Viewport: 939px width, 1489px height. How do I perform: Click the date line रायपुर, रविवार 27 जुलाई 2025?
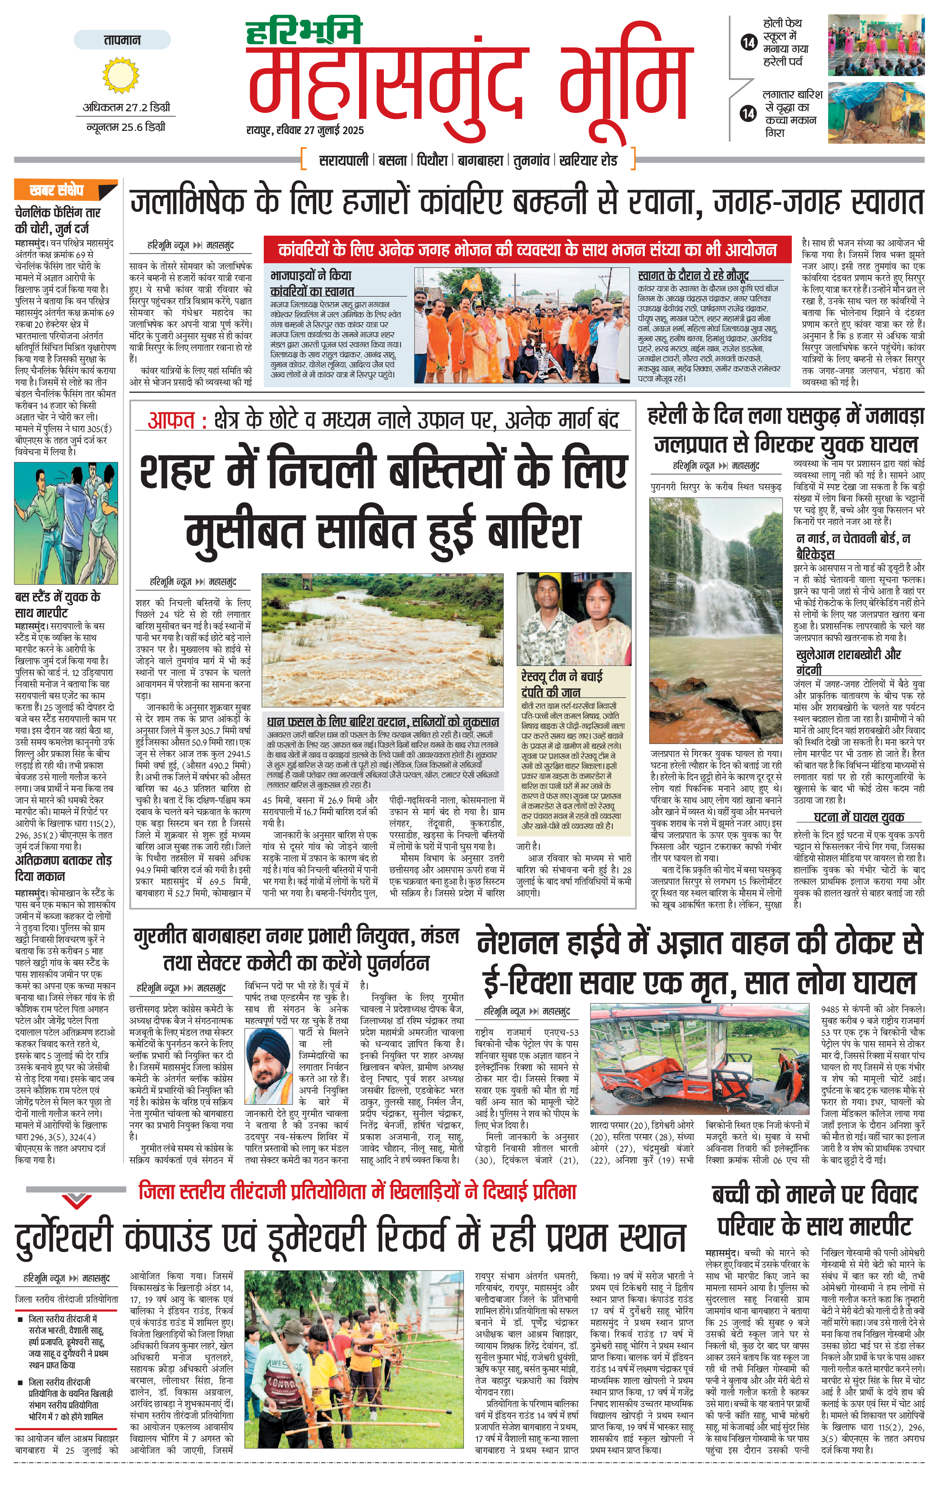click(x=305, y=130)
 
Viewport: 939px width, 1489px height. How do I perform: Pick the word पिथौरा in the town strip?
click(x=431, y=160)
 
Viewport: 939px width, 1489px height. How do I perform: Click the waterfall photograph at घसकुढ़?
click(x=715, y=622)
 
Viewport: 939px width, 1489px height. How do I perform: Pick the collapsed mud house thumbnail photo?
click(x=876, y=113)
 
